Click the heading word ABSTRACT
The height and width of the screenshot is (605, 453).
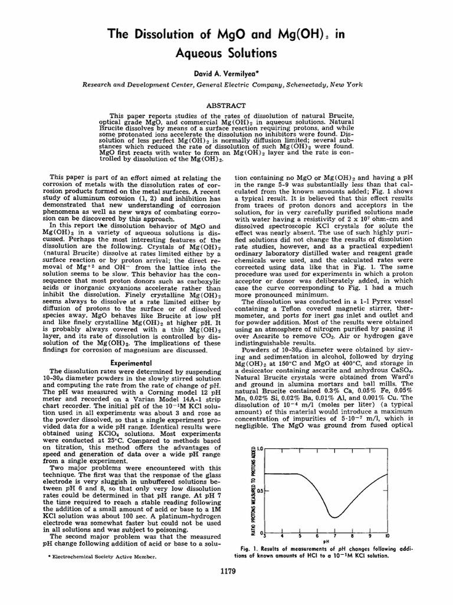point(226,105)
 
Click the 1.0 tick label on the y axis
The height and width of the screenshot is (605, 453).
point(258,450)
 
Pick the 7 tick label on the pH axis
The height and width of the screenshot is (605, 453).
point(334,536)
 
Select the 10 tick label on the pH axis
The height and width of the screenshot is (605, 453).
point(387,536)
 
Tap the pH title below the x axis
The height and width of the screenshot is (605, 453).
point(326,541)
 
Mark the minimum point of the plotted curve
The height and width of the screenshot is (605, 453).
point(334,518)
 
